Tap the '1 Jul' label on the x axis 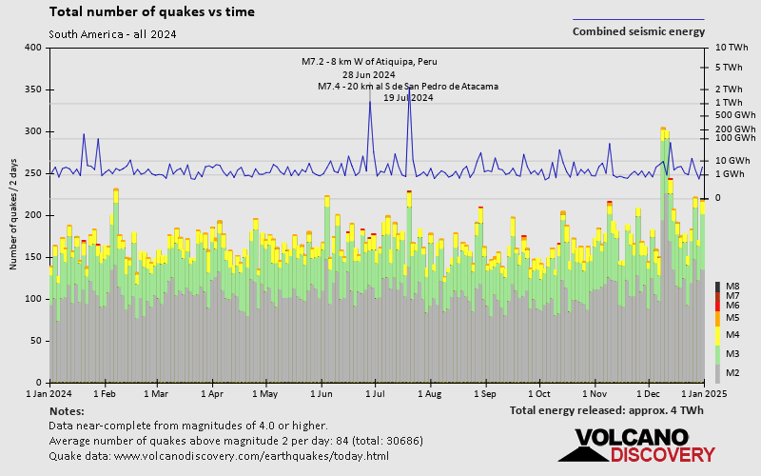pyautogui.click(x=375, y=392)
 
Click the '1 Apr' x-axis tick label pyautogui.click(x=212, y=392)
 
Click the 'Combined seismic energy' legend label pyautogui.click(x=638, y=31)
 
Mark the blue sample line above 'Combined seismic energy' pyautogui.click(x=638, y=19)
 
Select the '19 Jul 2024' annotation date pyautogui.click(x=408, y=97)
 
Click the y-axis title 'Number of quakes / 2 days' pyautogui.click(x=14, y=215)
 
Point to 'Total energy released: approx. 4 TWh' pyautogui.click(x=606, y=410)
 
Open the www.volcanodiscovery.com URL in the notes pyautogui.click(x=219, y=456)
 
